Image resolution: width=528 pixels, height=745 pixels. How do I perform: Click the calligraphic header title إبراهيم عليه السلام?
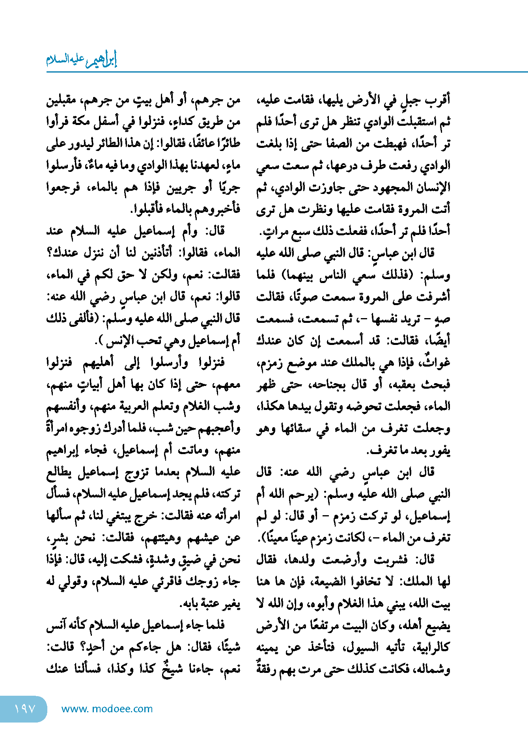click(82, 60)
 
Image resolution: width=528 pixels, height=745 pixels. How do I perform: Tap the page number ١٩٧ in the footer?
click(25, 709)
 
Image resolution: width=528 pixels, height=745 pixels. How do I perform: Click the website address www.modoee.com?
click(107, 709)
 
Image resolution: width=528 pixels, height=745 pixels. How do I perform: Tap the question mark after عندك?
click(49, 253)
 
